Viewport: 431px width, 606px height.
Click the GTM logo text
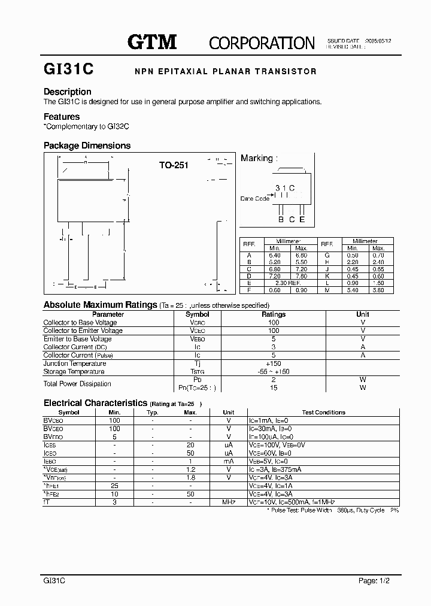pyautogui.click(x=152, y=41)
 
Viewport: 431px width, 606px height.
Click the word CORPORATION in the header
pyautogui.click(x=262, y=43)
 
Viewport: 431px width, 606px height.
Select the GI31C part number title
pyautogui.click(x=68, y=69)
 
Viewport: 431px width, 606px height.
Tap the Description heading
pyautogui.click(x=68, y=92)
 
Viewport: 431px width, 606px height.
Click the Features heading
pyautogui.click(x=62, y=117)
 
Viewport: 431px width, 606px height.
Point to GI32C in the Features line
pyautogui.click(x=119, y=127)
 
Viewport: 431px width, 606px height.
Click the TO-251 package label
pyautogui.click(x=174, y=165)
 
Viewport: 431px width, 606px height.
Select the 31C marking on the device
pyautogui.click(x=285, y=188)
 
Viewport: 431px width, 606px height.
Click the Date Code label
pyautogui.click(x=255, y=198)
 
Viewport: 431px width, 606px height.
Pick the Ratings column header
pyautogui.click(x=274, y=314)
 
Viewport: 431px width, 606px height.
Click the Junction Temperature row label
pyautogui.click(x=75, y=363)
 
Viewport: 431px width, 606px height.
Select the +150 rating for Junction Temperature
pyautogui.click(x=274, y=363)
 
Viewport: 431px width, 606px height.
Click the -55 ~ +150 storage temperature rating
pyautogui.click(x=274, y=371)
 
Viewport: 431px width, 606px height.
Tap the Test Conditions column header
pyautogui.click(x=323, y=413)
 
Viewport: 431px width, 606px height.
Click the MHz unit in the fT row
pyautogui.click(x=228, y=502)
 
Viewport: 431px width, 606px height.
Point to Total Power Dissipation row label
pyautogui.click(x=77, y=383)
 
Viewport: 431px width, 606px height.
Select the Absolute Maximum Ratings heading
pyautogui.click(x=100, y=305)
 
